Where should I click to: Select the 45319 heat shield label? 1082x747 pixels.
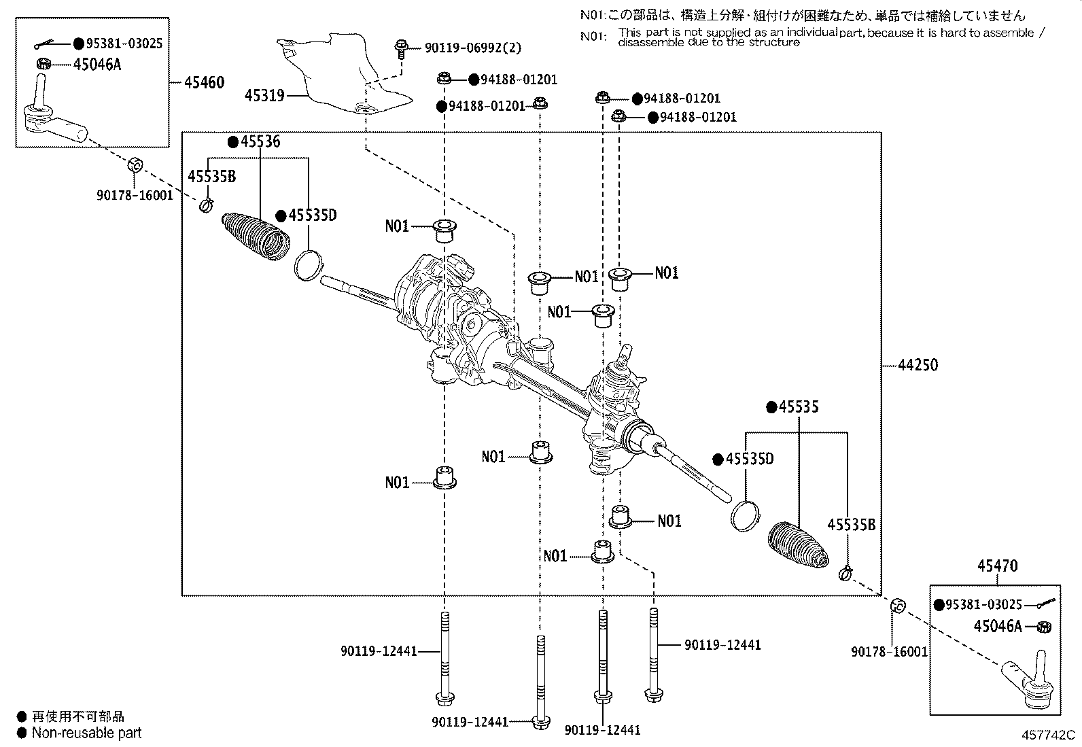264,96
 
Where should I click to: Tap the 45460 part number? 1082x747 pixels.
205,82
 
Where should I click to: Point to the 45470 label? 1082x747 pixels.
997,566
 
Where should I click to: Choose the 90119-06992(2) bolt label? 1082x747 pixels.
473,48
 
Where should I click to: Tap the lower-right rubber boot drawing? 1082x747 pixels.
797,546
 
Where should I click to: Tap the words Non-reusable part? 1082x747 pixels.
87,733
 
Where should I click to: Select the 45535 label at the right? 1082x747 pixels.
799,406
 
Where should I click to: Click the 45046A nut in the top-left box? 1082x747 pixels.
44,65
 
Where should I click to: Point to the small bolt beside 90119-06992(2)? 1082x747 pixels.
400,49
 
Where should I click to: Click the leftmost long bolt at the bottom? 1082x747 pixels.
444,656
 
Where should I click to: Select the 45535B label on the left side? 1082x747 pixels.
211,176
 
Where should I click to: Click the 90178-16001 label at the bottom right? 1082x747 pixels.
889,651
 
